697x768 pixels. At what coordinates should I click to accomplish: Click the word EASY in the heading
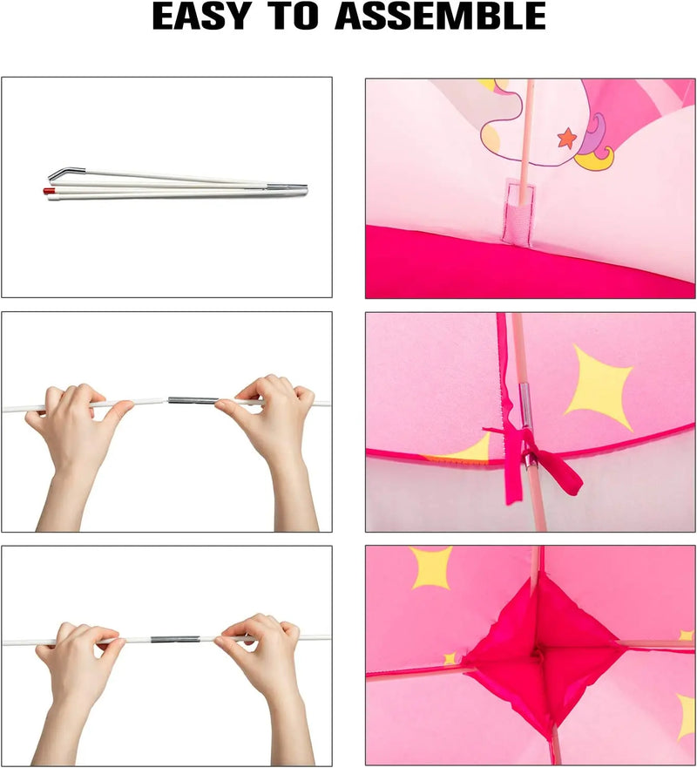pyautogui.click(x=201, y=17)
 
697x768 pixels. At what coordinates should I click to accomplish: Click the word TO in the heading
pyautogui.click(x=294, y=17)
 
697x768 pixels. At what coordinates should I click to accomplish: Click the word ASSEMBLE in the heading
pyautogui.click(x=440, y=17)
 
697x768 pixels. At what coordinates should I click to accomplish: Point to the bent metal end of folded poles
pyautogui.click(x=66, y=173)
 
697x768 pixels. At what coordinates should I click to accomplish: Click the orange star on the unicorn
pyautogui.click(x=567, y=138)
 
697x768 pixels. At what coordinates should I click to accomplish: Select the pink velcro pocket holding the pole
pyautogui.click(x=519, y=214)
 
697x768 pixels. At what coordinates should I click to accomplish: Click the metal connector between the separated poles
pyautogui.click(x=193, y=400)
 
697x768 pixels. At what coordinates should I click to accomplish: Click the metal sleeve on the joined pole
pyautogui.click(x=175, y=639)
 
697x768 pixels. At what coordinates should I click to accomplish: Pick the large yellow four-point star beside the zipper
pyautogui.click(x=599, y=387)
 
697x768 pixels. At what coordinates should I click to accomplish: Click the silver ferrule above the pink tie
pyautogui.click(x=525, y=404)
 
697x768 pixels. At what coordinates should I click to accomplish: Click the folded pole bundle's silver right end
pyautogui.click(x=288, y=188)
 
